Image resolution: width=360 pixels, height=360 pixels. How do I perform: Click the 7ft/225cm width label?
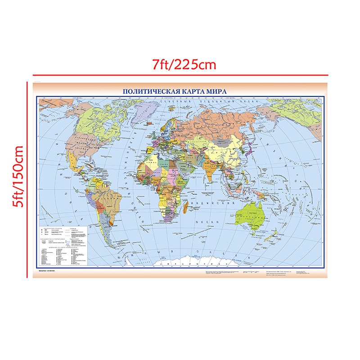point(184,64)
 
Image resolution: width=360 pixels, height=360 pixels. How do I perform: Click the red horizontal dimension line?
point(180,74)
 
